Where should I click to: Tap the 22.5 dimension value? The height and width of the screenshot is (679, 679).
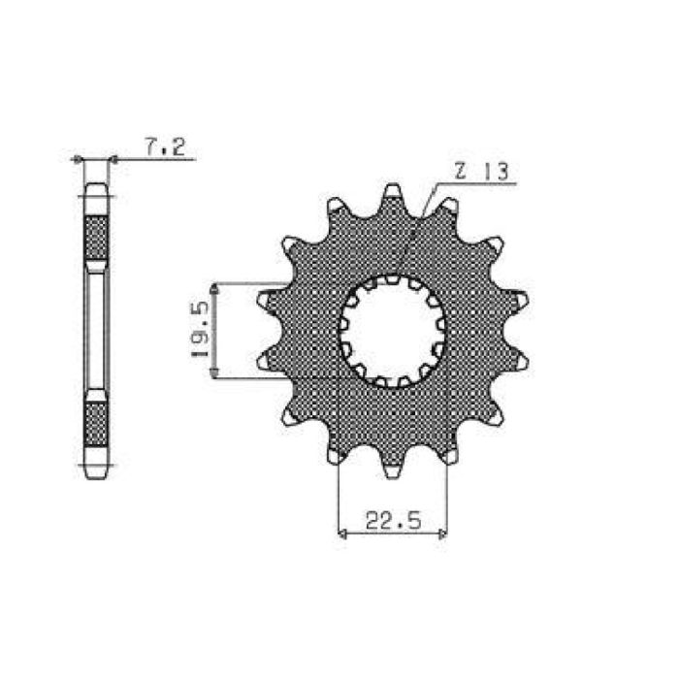tap(392, 522)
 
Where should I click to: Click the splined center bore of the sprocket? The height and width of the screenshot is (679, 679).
tap(392, 330)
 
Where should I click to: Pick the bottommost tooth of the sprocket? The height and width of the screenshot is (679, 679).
tap(392, 469)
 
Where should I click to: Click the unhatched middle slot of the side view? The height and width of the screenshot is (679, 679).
tap(96, 330)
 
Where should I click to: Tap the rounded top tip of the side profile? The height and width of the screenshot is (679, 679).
tap(96, 189)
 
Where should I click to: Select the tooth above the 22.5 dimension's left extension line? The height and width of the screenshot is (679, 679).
tap(334, 453)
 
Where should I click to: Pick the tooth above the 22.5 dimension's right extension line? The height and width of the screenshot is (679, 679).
tap(449, 453)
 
